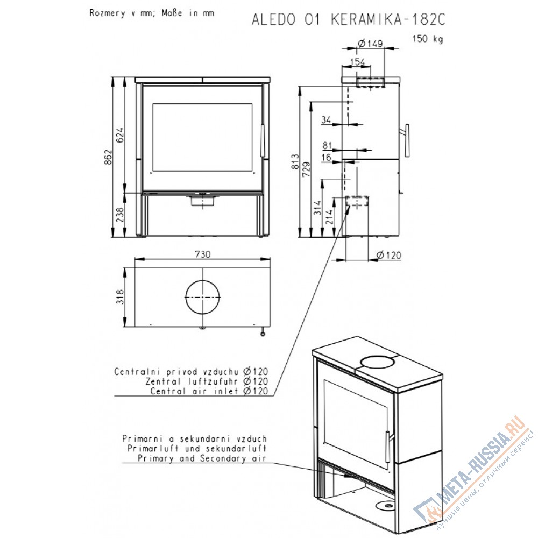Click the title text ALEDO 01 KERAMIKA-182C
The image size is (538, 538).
coord(348,19)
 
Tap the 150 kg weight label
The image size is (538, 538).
coord(428,38)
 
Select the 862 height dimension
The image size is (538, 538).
coord(108,157)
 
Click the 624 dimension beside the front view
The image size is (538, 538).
coord(120,135)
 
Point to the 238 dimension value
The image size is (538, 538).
coord(120,215)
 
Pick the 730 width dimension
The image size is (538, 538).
coord(202,254)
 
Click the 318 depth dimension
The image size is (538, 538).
coord(120,296)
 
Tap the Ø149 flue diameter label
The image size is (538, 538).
coord(370,43)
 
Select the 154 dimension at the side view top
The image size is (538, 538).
coord(357,62)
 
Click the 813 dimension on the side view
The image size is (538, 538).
coord(295,161)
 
